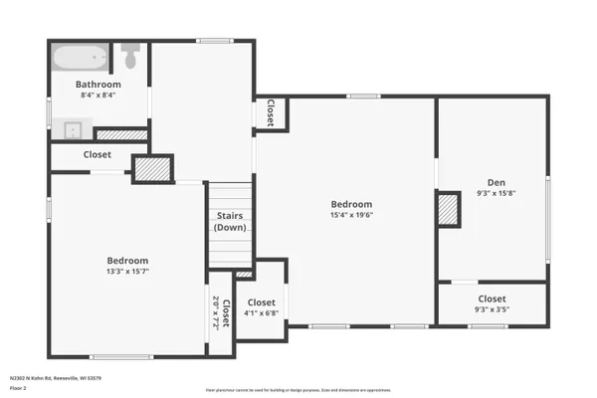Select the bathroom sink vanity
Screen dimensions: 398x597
(x=72, y=129)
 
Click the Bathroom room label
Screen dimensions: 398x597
(x=99, y=85)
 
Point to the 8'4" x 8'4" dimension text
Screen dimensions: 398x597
(x=99, y=96)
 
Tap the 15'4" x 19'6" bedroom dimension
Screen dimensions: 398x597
(x=352, y=215)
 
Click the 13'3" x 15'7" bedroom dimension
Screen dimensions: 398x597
(x=127, y=271)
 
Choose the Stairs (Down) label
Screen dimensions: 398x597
(x=229, y=222)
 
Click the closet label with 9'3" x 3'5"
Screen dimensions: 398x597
(x=492, y=298)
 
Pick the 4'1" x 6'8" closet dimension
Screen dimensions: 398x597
(x=262, y=313)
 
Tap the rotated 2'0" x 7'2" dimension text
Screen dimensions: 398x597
(x=216, y=311)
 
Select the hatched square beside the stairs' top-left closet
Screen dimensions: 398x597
(x=153, y=169)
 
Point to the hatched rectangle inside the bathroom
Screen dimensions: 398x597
(x=121, y=134)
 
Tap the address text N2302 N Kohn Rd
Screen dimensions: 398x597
(x=56, y=378)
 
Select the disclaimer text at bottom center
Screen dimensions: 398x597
(x=298, y=390)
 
